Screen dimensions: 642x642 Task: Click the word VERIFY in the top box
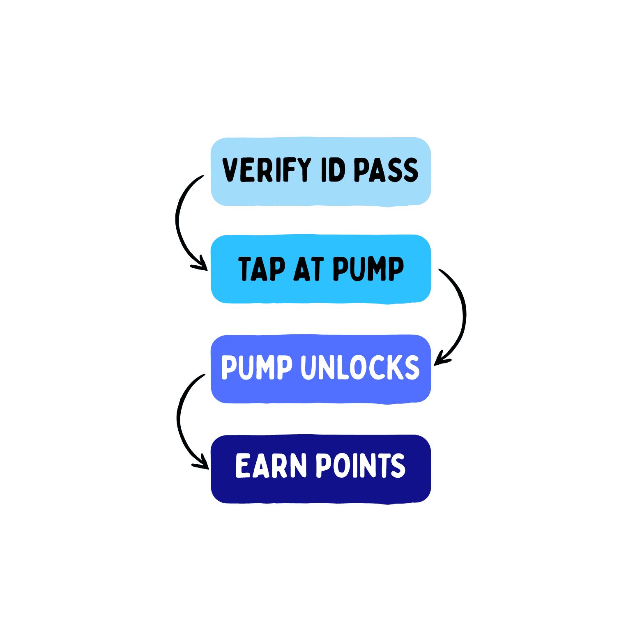(266, 170)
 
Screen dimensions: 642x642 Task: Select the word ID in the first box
(333, 170)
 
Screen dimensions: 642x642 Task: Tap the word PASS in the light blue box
(386, 170)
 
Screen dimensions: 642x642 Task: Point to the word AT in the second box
(308, 269)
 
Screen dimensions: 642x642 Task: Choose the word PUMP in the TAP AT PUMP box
(368, 269)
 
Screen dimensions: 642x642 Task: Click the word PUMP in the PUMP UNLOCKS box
(257, 367)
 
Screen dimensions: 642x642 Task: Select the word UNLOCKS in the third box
(360, 367)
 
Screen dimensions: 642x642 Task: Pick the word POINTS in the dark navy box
(361, 465)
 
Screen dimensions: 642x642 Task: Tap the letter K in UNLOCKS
(395, 367)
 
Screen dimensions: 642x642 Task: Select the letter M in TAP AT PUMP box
(377, 269)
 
